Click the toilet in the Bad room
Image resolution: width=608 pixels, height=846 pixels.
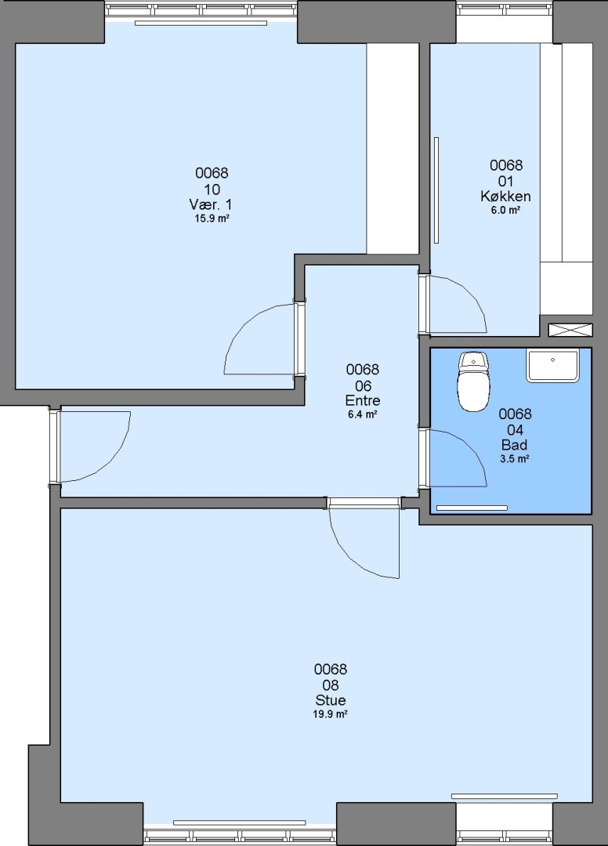click(x=474, y=382)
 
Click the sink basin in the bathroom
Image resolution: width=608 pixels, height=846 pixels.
click(x=552, y=365)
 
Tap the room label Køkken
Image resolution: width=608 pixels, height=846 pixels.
click(x=505, y=196)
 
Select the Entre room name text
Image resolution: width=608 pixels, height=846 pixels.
click(x=363, y=400)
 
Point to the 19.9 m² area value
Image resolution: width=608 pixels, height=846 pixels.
click(x=330, y=714)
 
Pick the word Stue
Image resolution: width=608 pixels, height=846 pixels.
click(x=330, y=700)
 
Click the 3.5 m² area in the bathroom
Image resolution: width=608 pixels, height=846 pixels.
click(x=515, y=459)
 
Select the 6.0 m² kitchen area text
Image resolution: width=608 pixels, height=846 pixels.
click(x=505, y=211)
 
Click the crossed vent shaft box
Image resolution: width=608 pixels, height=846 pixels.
click(x=570, y=331)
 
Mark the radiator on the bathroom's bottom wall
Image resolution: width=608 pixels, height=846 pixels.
click(x=472, y=508)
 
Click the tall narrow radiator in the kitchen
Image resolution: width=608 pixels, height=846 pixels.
click(x=436, y=190)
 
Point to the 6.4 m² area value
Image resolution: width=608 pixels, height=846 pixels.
click(x=363, y=415)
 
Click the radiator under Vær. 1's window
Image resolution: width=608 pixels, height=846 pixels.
click(x=201, y=23)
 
